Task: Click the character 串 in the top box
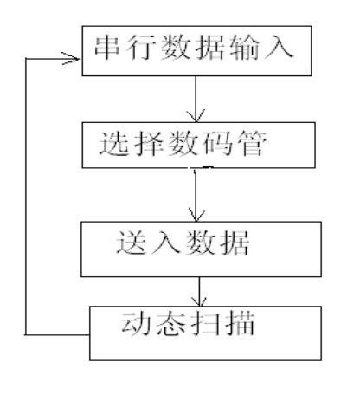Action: pyautogui.click(x=107, y=48)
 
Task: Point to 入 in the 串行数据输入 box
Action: pyautogui.click(x=279, y=48)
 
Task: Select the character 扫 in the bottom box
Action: pyautogui.click(x=205, y=323)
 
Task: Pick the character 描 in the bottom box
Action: pyautogui.click(x=240, y=323)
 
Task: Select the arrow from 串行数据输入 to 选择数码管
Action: pyautogui.click(x=196, y=99)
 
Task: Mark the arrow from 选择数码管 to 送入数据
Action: pyautogui.click(x=196, y=195)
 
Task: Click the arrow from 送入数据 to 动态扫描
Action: pyautogui.click(x=199, y=292)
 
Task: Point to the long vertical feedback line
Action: pyautogui.click(x=26, y=197)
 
